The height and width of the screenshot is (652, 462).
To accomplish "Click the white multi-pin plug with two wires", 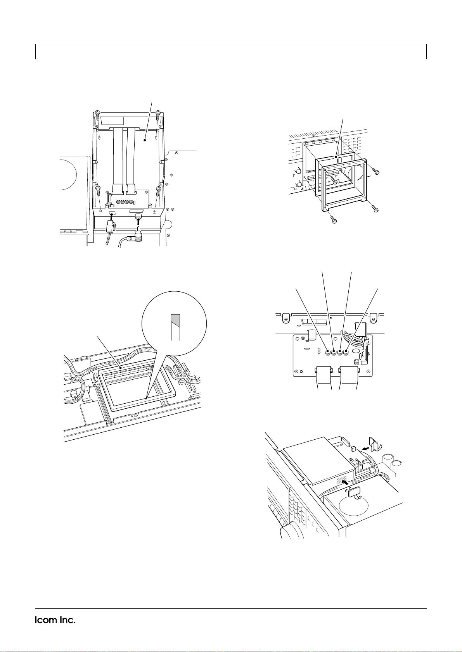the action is pyautogui.click(x=111, y=226).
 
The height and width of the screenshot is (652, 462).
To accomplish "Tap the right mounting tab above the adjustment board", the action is pyautogui.click(x=373, y=318).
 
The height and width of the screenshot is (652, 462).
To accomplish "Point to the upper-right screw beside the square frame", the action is pyautogui.click(x=377, y=172).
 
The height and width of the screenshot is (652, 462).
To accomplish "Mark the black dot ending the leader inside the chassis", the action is pyautogui.click(x=145, y=140).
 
